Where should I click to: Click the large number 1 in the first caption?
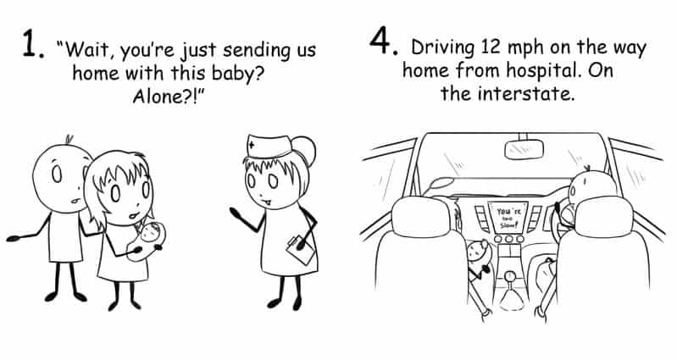30,43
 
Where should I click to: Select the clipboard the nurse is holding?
301,249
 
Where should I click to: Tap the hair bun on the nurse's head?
306,150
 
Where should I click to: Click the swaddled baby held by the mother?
147,241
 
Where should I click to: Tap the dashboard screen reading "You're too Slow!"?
507,218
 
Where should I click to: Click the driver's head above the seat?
591,185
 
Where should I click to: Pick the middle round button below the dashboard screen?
509,239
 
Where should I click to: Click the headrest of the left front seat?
421,217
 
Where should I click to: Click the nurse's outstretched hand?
236,213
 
